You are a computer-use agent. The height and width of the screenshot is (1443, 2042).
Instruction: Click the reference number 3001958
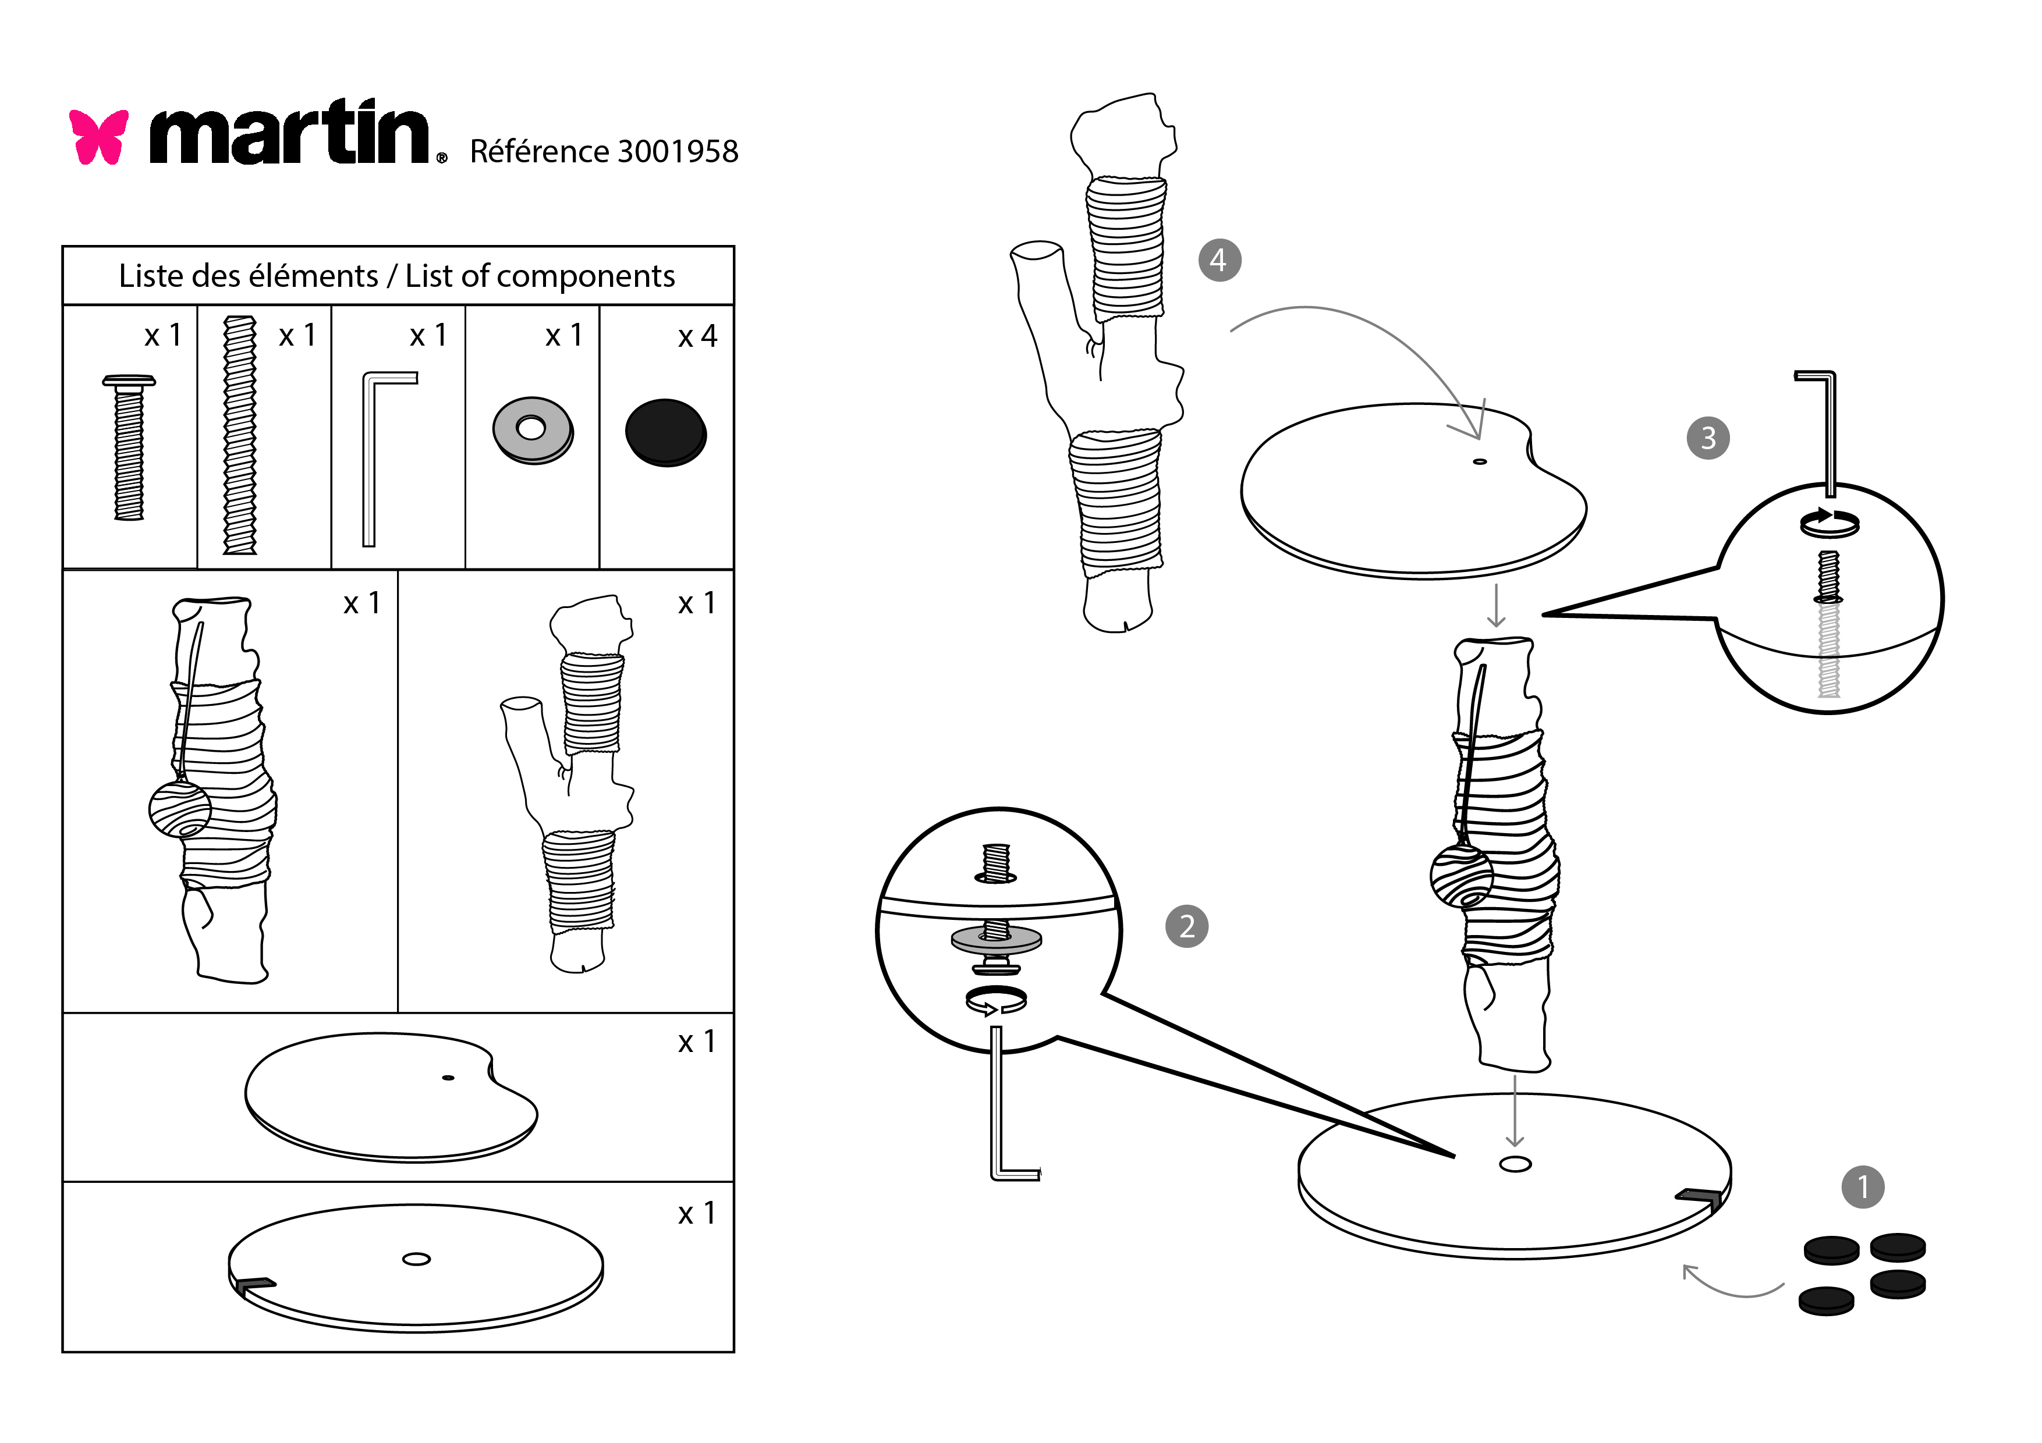coord(677,152)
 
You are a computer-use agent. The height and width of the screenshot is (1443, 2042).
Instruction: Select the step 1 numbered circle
coord(1862,1187)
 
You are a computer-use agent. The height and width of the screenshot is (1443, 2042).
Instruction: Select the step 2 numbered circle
coord(1186,926)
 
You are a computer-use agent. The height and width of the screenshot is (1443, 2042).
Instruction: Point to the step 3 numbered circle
coord(1708,438)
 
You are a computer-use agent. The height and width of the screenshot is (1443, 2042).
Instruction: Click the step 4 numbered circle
coord(1218,260)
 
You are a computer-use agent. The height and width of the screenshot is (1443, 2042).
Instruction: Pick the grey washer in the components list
coord(532,431)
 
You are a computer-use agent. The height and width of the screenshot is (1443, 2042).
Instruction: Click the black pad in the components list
coord(665,433)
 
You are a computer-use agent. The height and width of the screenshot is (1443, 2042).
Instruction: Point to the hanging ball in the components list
coord(179,809)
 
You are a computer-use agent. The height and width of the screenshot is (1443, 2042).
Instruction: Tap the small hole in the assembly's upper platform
coord(1480,461)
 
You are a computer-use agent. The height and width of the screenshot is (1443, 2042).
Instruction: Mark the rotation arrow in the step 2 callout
coord(995,1000)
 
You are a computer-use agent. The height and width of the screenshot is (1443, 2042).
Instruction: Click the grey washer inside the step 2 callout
coord(995,939)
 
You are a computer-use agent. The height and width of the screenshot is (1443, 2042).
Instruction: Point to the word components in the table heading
coord(585,276)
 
